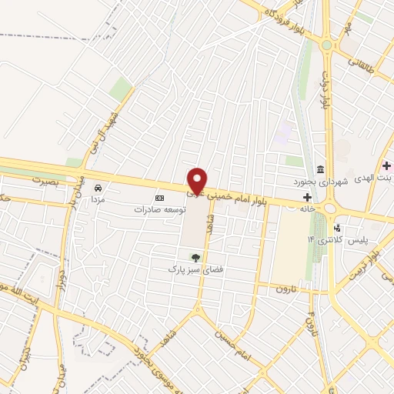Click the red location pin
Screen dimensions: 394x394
(197, 181)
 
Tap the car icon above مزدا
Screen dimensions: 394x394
(98, 188)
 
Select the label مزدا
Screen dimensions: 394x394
(98, 199)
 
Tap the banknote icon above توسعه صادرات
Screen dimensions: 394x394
(160, 197)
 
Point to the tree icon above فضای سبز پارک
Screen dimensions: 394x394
(195, 257)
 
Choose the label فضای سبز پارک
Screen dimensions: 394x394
(195, 270)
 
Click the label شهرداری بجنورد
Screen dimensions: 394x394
(321, 182)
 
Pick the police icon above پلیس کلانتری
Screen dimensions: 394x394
(337, 228)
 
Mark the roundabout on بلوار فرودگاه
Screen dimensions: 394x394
(326, 45)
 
